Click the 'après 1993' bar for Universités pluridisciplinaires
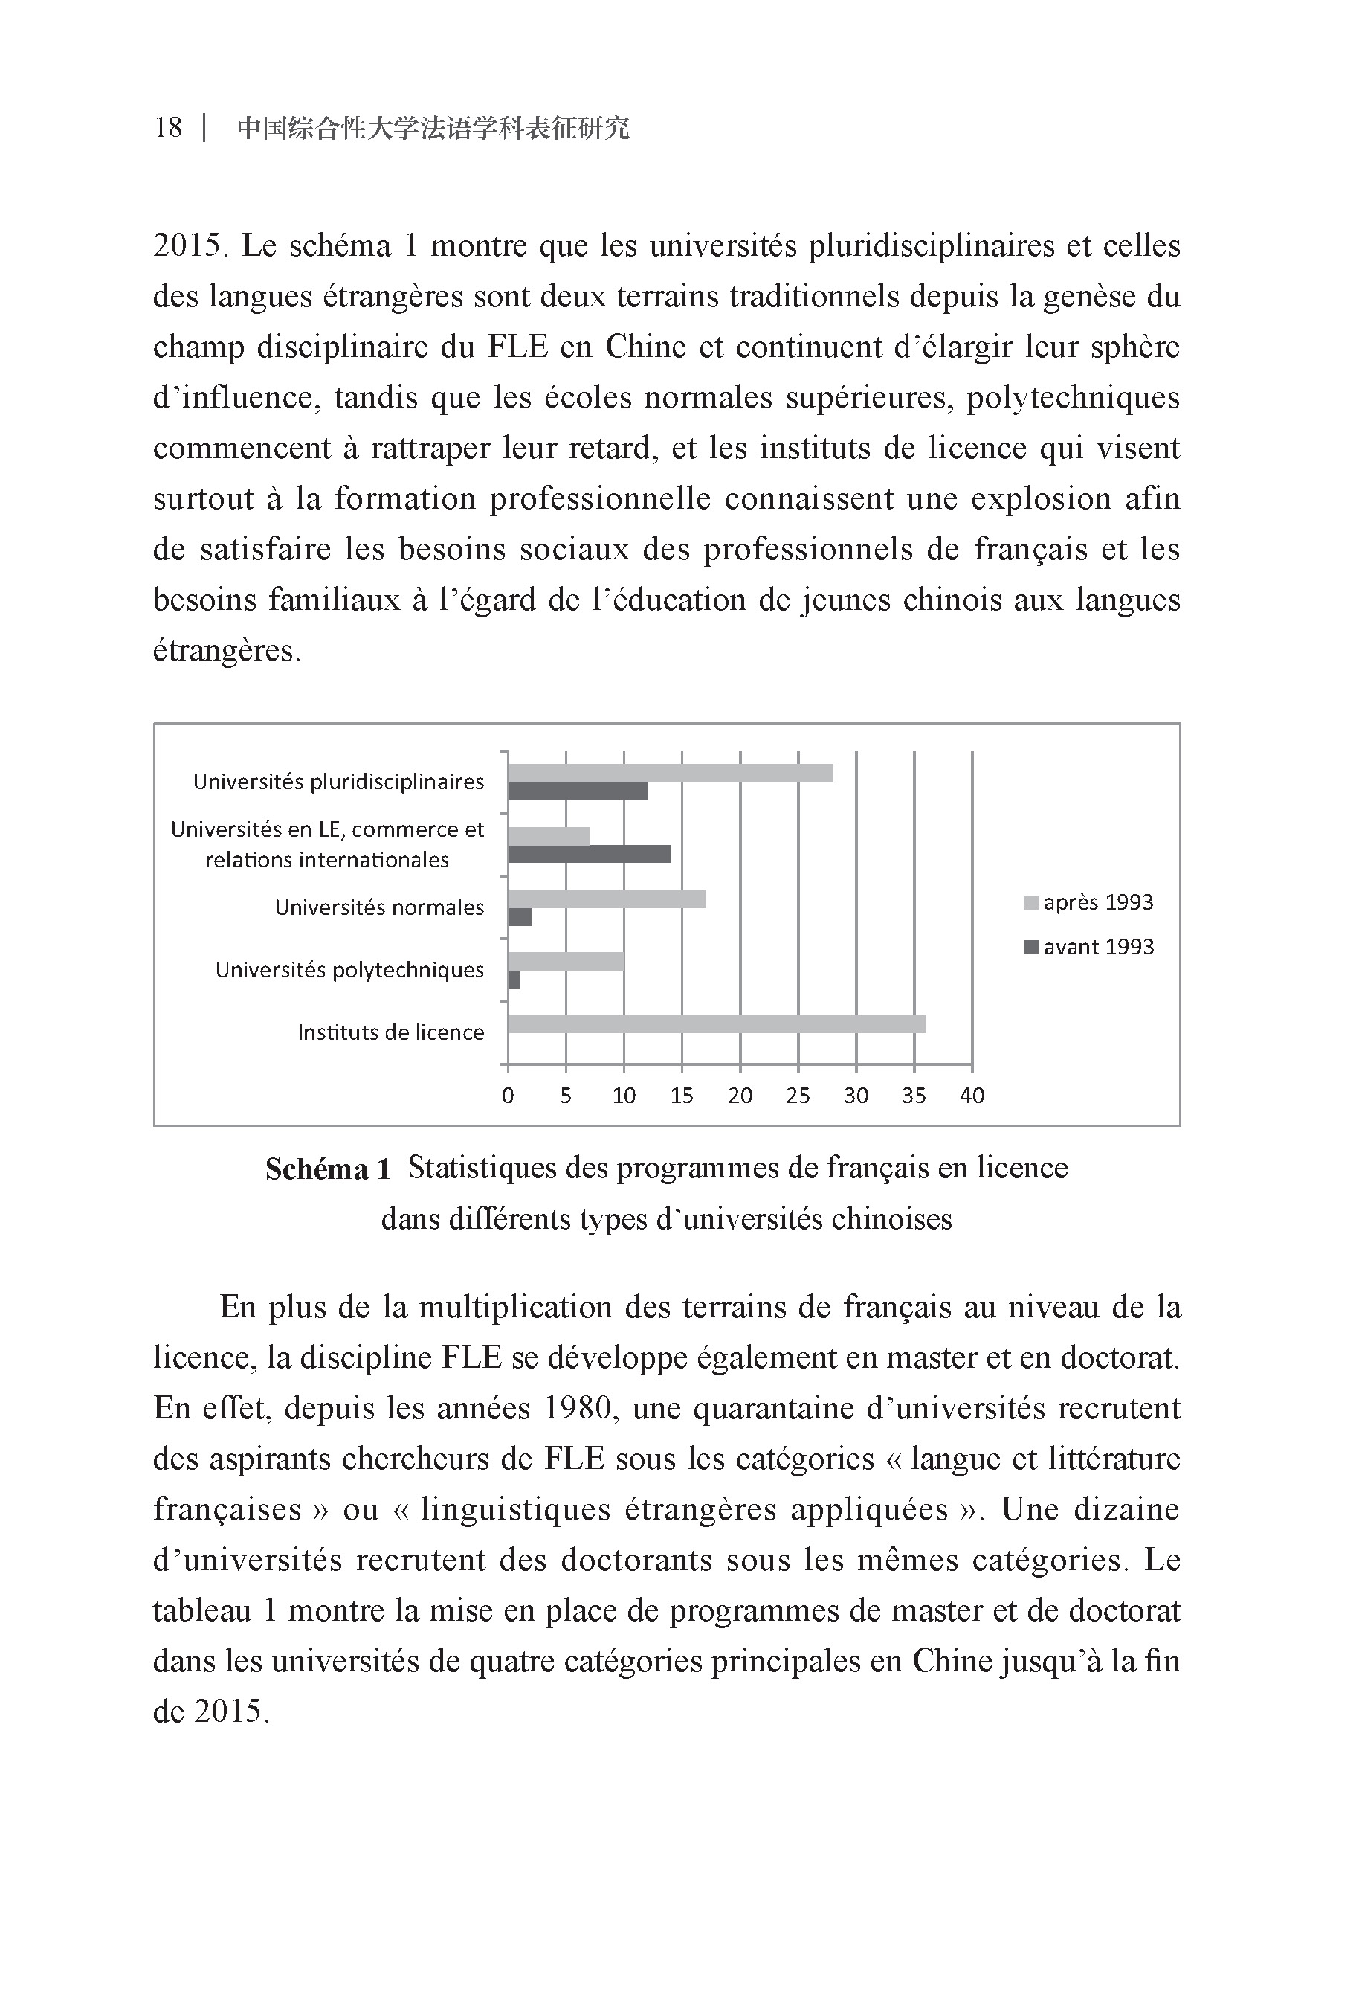point(670,774)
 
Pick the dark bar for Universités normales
point(519,917)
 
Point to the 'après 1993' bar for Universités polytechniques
point(565,961)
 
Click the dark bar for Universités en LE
point(590,854)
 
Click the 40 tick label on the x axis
point(972,1096)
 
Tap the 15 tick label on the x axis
point(681,1096)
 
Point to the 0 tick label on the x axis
point(508,1096)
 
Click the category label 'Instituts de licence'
point(390,1032)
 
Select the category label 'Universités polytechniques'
point(349,969)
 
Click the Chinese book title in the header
point(433,129)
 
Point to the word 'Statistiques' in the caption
point(480,1168)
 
